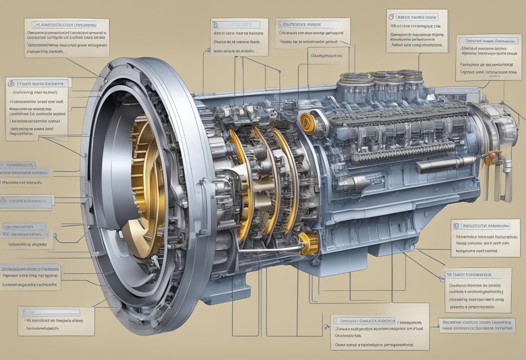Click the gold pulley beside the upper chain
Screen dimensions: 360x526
[308, 123]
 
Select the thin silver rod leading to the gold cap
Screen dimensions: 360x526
[268, 249]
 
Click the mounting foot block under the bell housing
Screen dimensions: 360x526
[225, 292]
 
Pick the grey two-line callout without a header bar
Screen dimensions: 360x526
[477, 325]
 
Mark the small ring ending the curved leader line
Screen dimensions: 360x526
[56, 235]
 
